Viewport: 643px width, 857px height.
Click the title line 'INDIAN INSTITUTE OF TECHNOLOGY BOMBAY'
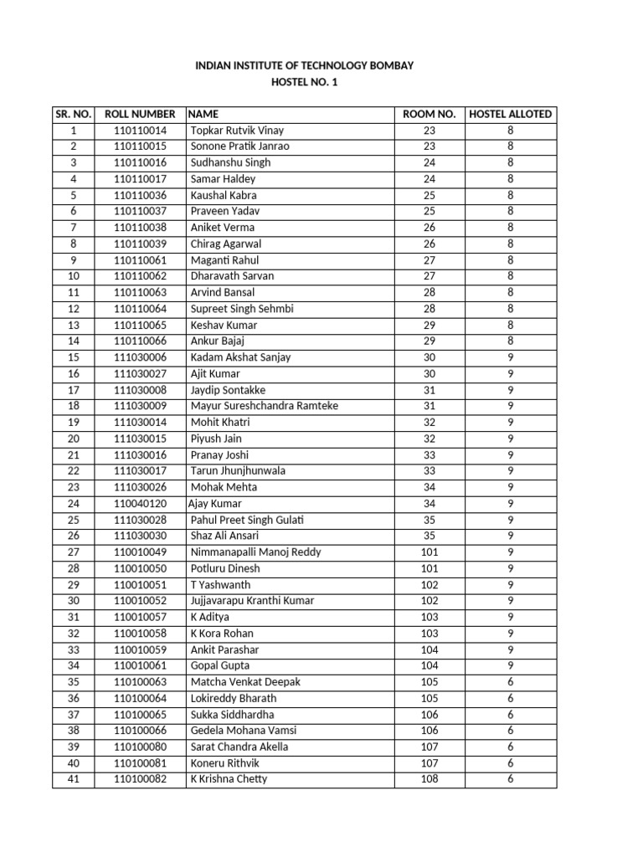304,65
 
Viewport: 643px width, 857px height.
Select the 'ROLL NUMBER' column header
140,114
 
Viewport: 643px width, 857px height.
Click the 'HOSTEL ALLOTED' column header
510,114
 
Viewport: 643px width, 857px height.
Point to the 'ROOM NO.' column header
429,114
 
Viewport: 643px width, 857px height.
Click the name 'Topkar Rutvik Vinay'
238,131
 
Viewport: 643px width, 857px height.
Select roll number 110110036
140,195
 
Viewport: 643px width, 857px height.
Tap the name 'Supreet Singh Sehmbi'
242,309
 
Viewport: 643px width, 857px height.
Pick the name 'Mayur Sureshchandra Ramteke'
265,406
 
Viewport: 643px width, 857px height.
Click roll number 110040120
140,504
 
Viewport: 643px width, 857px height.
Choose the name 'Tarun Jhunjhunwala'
238,471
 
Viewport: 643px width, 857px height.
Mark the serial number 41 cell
73,779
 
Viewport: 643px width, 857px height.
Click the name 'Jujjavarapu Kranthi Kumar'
256,601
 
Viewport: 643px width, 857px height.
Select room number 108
429,779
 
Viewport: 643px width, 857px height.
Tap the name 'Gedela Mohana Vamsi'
244,731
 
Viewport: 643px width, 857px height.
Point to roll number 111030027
140,374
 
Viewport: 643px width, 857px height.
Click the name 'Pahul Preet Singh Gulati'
247,520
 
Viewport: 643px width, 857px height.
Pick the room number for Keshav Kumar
429,325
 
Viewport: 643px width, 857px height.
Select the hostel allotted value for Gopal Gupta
510,665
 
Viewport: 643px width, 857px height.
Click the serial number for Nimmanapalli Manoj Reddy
73,552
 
